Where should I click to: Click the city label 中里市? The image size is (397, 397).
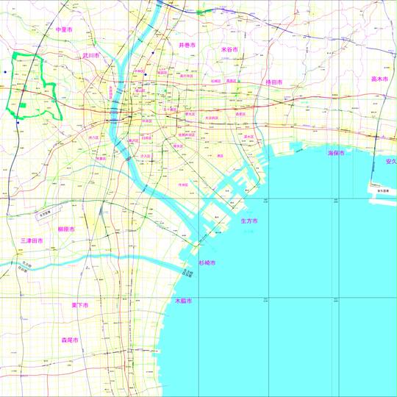(x=63, y=31)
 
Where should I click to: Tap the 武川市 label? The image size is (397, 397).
(x=91, y=55)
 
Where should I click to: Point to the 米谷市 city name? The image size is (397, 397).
(x=230, y=49)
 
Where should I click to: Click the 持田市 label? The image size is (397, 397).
(x=273, y=82)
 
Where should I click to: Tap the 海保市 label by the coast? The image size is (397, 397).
(x=337, y=153)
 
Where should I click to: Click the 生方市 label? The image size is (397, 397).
(x=249, y=221)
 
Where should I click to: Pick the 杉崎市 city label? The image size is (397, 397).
(x=206, y=262)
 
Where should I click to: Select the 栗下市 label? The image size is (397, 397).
(x=79, y=304)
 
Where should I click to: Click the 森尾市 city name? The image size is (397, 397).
(x=69, y=340)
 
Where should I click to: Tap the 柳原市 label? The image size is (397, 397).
(x=67, y=229)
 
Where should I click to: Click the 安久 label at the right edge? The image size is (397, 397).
(x=390, y=161)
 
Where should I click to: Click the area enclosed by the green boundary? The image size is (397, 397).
(x=33, y=85)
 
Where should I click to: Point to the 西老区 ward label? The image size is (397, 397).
(x=240, y=114)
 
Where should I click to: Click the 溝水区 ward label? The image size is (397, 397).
(x=248, y=137)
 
